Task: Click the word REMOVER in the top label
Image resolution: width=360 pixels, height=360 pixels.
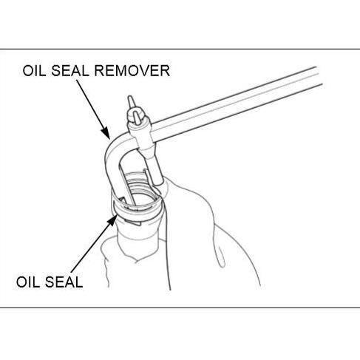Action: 134,71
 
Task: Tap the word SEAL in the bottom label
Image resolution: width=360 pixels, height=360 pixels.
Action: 64,282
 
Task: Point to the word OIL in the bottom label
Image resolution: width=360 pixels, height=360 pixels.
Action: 27,282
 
